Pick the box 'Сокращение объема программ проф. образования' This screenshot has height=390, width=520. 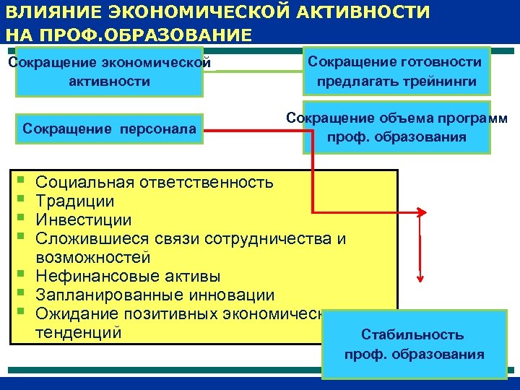click(396, 128)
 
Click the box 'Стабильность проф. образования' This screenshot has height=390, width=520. click(414, 344)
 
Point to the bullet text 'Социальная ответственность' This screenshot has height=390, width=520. click(155, 182)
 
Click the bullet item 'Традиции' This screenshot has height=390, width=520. click(75, 201)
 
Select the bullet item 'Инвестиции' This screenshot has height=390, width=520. click(84, 220)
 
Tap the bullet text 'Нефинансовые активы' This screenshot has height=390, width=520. click(129, 276)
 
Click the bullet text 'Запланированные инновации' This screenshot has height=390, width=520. click(155, 295)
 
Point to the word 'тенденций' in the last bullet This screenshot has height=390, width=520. click(79, 332)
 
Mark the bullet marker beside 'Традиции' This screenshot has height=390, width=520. click(23, 200)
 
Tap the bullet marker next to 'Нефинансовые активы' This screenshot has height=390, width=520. click(23, 275)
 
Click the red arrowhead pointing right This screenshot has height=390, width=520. click(425, 212)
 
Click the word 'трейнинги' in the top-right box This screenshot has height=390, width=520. click(441, 82)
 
